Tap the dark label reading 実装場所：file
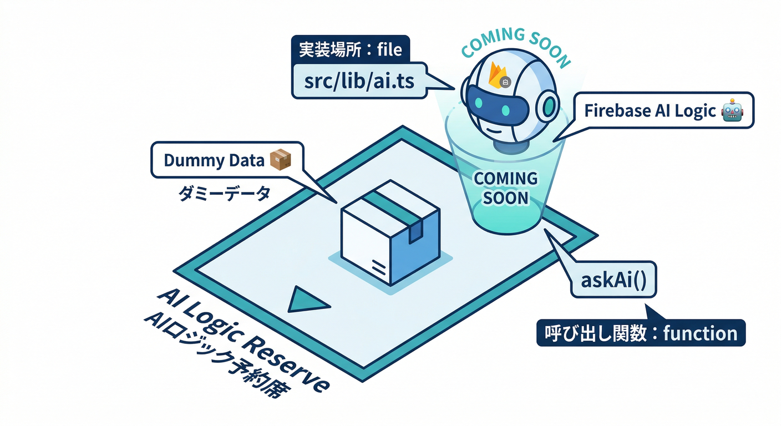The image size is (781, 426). pos(350,50)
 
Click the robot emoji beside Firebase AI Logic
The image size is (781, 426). pos(732,110)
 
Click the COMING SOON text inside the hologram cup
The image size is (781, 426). pos(505,187)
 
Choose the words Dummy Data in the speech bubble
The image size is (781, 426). pos(214,160)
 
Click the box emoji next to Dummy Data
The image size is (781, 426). pos(280,160)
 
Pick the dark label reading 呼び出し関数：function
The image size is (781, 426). pos(641,333)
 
